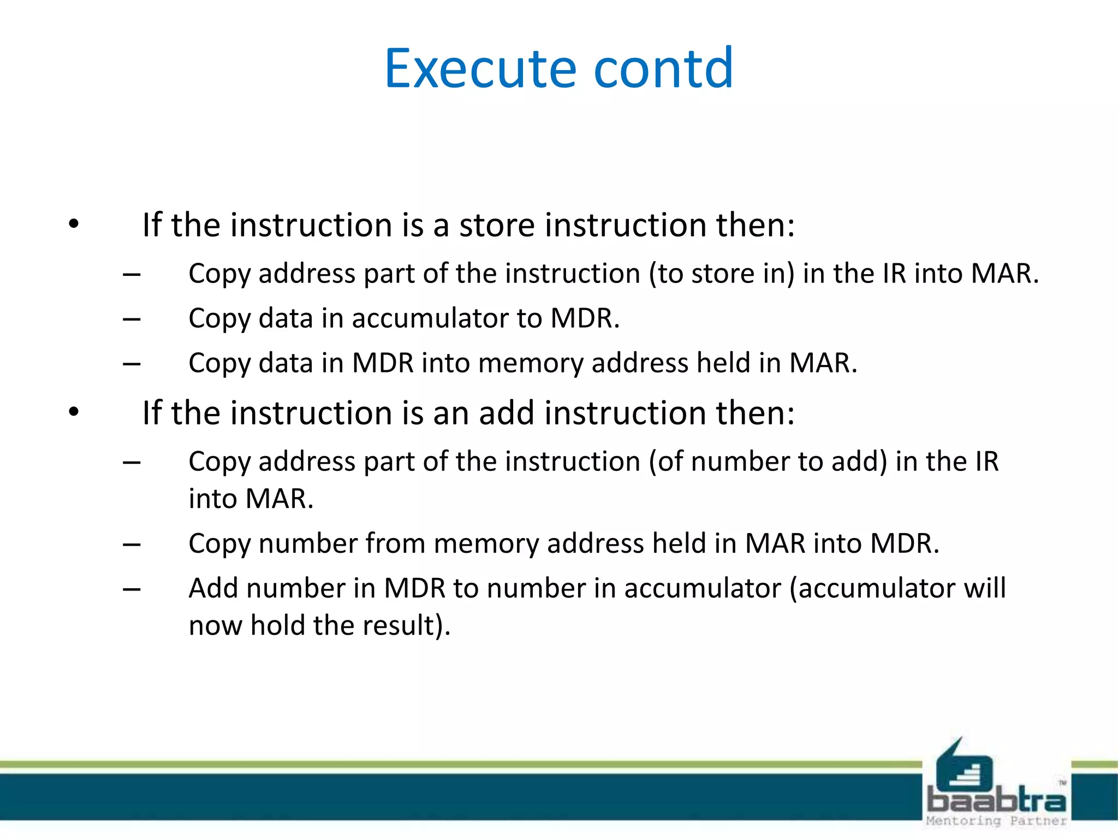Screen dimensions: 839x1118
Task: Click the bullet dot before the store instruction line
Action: [x=74, y=224]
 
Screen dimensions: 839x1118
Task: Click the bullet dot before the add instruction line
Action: [x=74, y=412]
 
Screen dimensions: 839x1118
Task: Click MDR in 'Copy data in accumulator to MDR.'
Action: [x=585, y=318]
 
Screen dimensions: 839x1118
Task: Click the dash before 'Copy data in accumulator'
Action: [x=132, y=319]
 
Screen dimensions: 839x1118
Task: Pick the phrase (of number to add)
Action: [x=768, y=462]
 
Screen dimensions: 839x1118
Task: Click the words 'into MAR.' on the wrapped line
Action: [x=251, y=499]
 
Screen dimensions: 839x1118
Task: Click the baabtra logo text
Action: [x=996, y=801]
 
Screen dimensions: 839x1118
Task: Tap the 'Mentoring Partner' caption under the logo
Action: [x=996, y=821]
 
